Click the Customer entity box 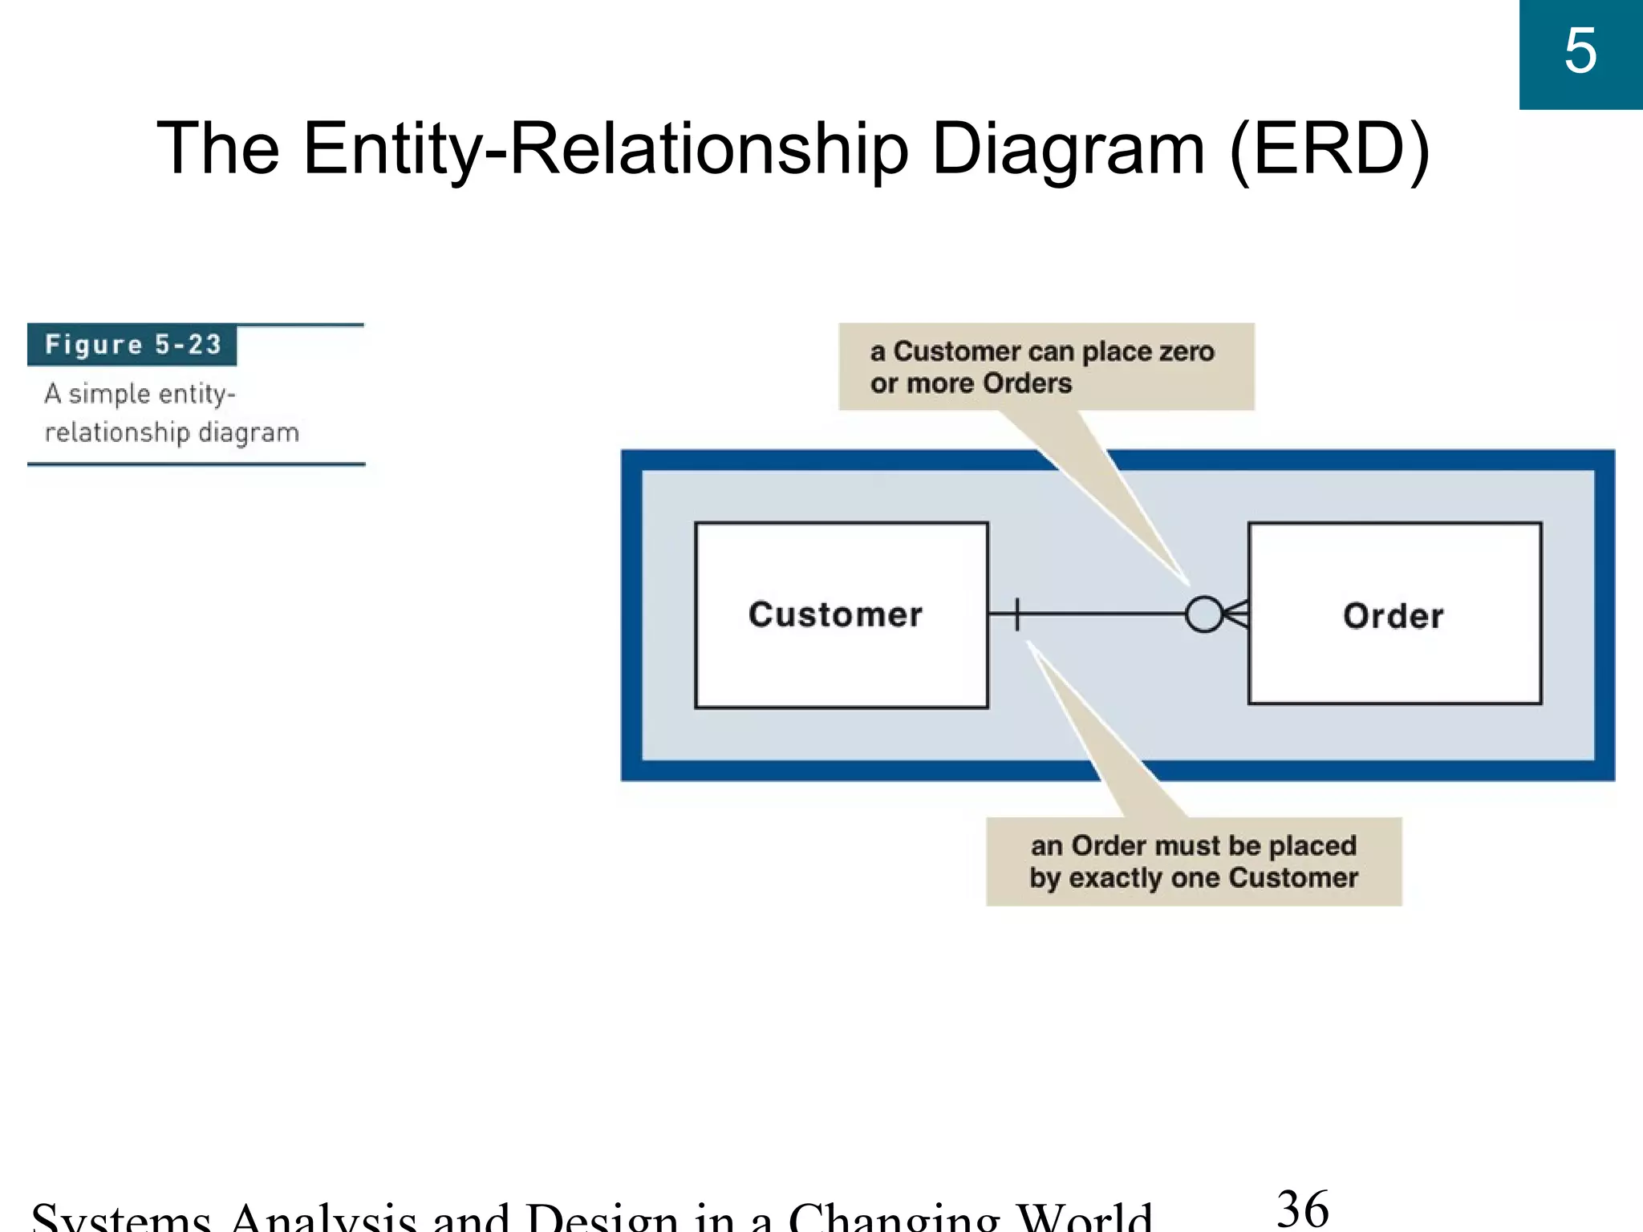[x=841, y=615]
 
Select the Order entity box [x=1394, y=614]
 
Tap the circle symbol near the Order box [x=1203, y=615]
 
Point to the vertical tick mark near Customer [x=1017, y=615]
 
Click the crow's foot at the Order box [x=1235, y=615]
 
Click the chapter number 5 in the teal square [x=1580, y=51]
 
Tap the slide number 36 [x=1302, y=1209]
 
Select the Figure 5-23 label [x=132, y=345]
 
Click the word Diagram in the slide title [x=1068, y=148]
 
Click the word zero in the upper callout [x=1186, y=352]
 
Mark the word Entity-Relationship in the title [x=606, y=148]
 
